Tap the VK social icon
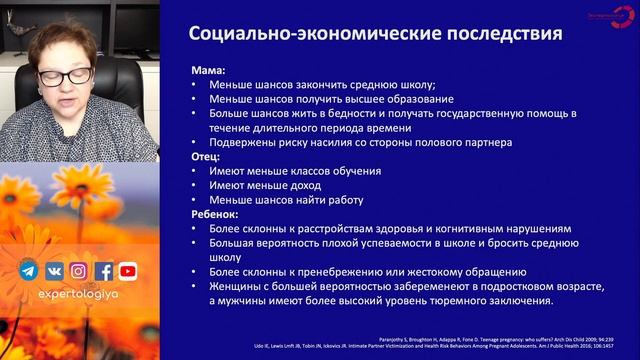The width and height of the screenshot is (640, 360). click(54, 271)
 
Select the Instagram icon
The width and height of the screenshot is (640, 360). click(79, 271)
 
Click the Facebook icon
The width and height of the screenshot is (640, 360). click(104, 271)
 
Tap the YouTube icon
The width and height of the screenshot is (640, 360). click(128, 271)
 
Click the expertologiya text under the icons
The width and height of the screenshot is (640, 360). click(79, 297)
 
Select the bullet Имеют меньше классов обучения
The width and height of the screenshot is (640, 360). click(295, 171)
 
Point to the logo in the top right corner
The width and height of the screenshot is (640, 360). click(602, 19)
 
